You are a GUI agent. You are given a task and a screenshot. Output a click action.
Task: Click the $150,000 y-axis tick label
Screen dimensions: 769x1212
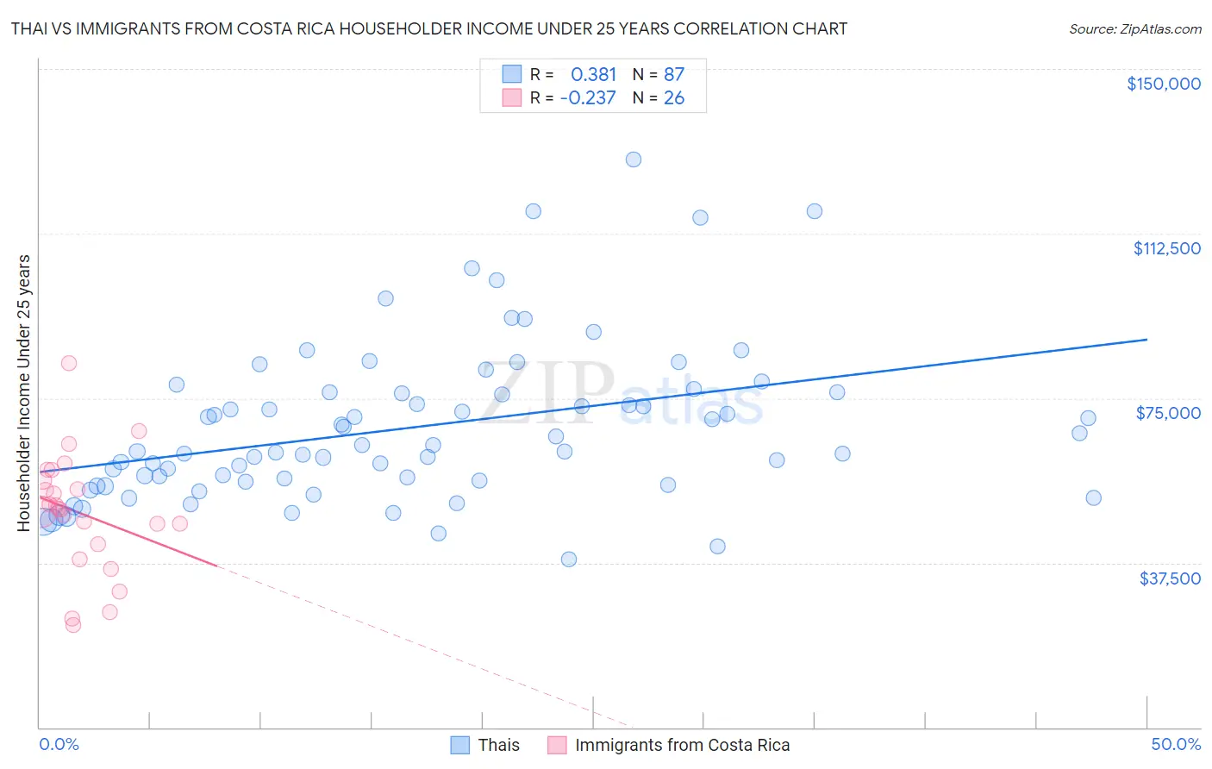tap(1163, 84)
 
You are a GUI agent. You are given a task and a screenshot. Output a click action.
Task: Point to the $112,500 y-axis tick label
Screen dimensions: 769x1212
tap(1166, 248)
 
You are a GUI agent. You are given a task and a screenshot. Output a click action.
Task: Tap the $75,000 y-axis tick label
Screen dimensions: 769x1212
tap(1168, 413)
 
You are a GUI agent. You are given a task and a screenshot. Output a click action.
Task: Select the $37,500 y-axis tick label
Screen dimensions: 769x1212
tap(1170, 578)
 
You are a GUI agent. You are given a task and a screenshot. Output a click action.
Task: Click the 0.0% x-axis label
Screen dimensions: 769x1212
tap(59, 744)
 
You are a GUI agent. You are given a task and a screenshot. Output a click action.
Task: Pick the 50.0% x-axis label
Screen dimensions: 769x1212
tap(1176, 744)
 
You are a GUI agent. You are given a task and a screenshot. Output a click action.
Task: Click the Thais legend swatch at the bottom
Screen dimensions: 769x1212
tap(460, 745)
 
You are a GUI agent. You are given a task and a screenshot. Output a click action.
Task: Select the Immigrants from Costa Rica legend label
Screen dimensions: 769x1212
tap(682, 745)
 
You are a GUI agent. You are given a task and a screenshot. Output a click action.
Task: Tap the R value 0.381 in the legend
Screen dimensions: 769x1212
tap(593, 74)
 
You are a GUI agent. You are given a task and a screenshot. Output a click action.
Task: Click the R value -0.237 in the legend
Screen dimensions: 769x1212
tap(588, 97)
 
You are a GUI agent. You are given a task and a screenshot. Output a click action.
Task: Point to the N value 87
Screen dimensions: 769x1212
tap(673, 74)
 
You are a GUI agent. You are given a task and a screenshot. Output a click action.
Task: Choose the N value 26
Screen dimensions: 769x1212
tap(673, 97)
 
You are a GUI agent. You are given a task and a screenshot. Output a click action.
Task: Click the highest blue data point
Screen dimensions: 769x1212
tap(634, 159)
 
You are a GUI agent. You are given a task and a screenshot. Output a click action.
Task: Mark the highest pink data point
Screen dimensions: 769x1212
tap(69, 363)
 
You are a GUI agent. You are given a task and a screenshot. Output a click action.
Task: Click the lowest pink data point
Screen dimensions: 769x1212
tap(73, 625)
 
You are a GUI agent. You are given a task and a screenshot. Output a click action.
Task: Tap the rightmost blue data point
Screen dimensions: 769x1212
tap(1093, 497)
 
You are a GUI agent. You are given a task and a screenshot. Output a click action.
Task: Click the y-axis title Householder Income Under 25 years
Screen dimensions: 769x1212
tap(24, 392)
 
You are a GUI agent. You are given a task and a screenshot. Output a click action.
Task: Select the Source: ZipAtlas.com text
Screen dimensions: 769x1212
tap(1134, 28)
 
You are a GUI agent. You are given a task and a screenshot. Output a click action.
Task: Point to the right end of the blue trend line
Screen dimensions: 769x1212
tap(1146, 340)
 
